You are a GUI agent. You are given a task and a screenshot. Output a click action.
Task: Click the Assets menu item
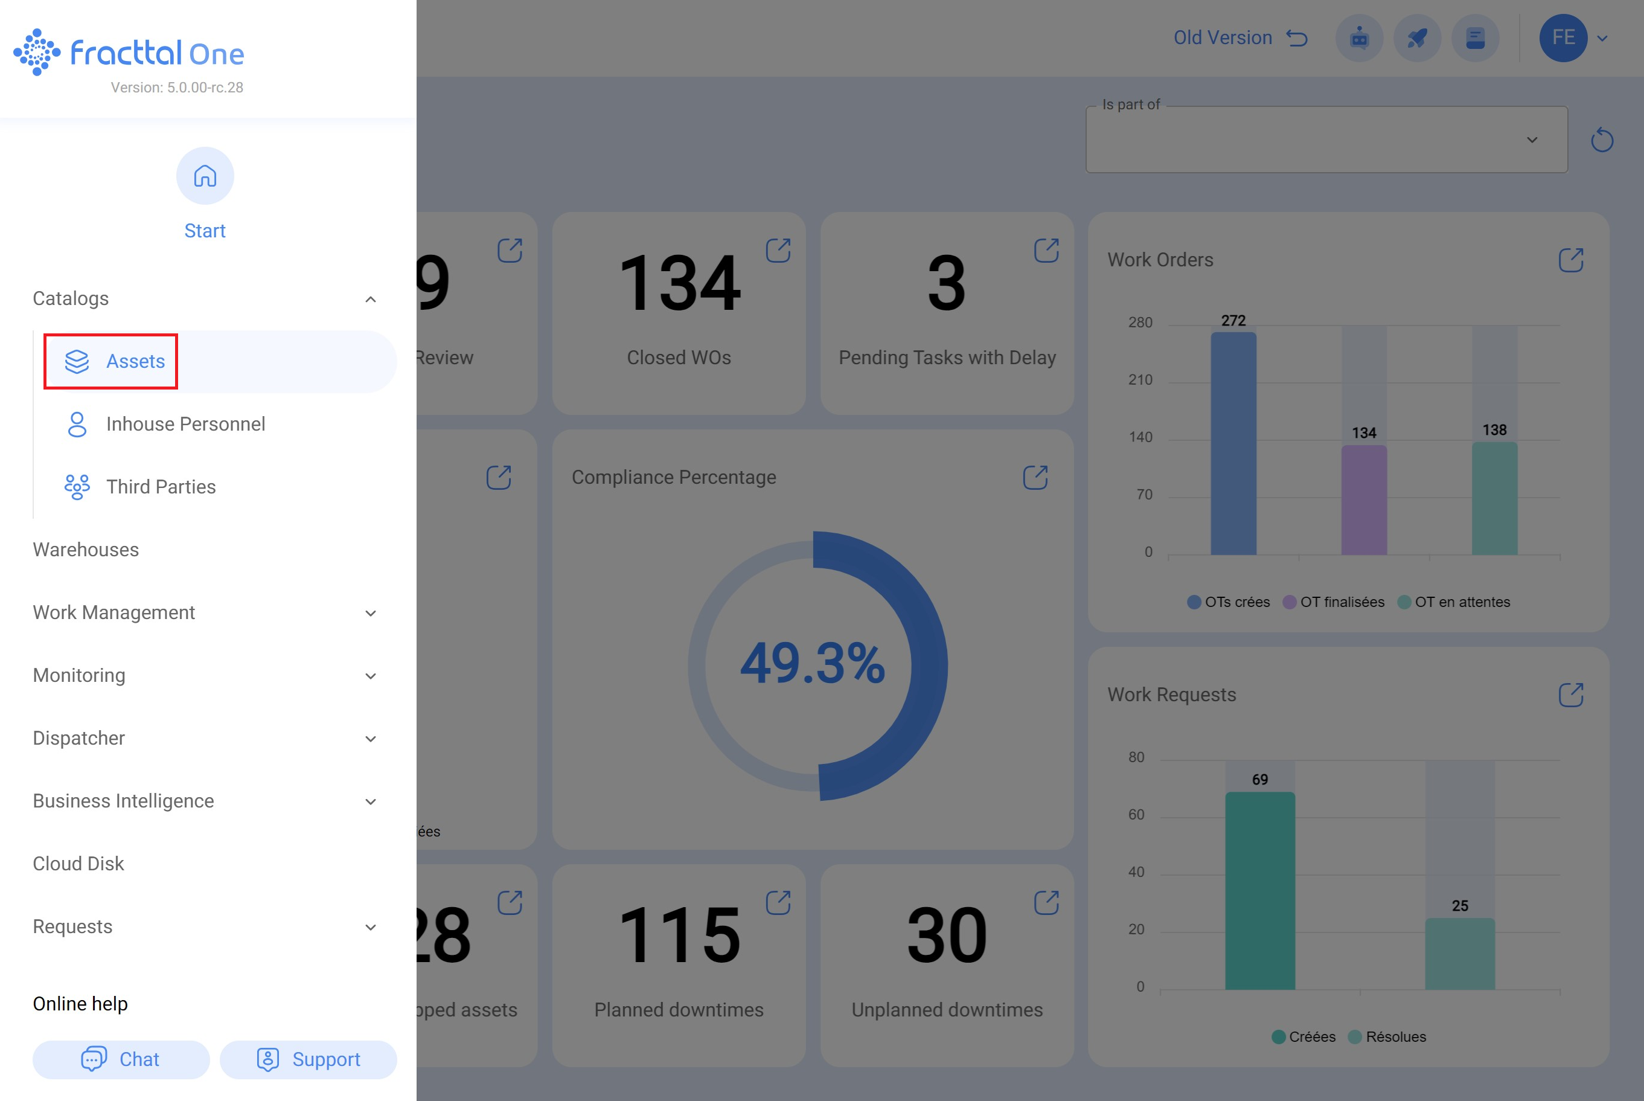point(135,362)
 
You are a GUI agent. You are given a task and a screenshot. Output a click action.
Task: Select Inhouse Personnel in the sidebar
point(185,424)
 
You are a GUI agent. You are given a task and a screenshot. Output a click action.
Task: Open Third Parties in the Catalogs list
point(161,487)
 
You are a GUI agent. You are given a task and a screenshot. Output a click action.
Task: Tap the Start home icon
point(205,176)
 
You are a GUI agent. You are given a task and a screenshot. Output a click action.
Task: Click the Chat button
point(121,1059)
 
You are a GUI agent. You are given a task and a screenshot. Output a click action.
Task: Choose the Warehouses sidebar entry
point(86,550)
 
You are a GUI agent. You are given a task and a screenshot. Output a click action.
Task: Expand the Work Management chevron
point(371,613)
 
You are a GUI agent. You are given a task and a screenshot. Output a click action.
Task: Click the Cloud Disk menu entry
point(78,864)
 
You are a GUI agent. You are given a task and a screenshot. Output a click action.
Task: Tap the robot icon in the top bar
point(1359,38)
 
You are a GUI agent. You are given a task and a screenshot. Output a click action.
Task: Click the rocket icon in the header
point(1417,38)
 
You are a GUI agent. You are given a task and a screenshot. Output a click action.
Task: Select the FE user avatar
point(1562,38)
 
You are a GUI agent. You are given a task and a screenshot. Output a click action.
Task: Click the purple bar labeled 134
point(1364,500)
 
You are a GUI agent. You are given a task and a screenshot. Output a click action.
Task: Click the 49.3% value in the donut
point(813,664)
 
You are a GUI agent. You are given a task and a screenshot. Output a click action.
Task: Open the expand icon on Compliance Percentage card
point(1035,478)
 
